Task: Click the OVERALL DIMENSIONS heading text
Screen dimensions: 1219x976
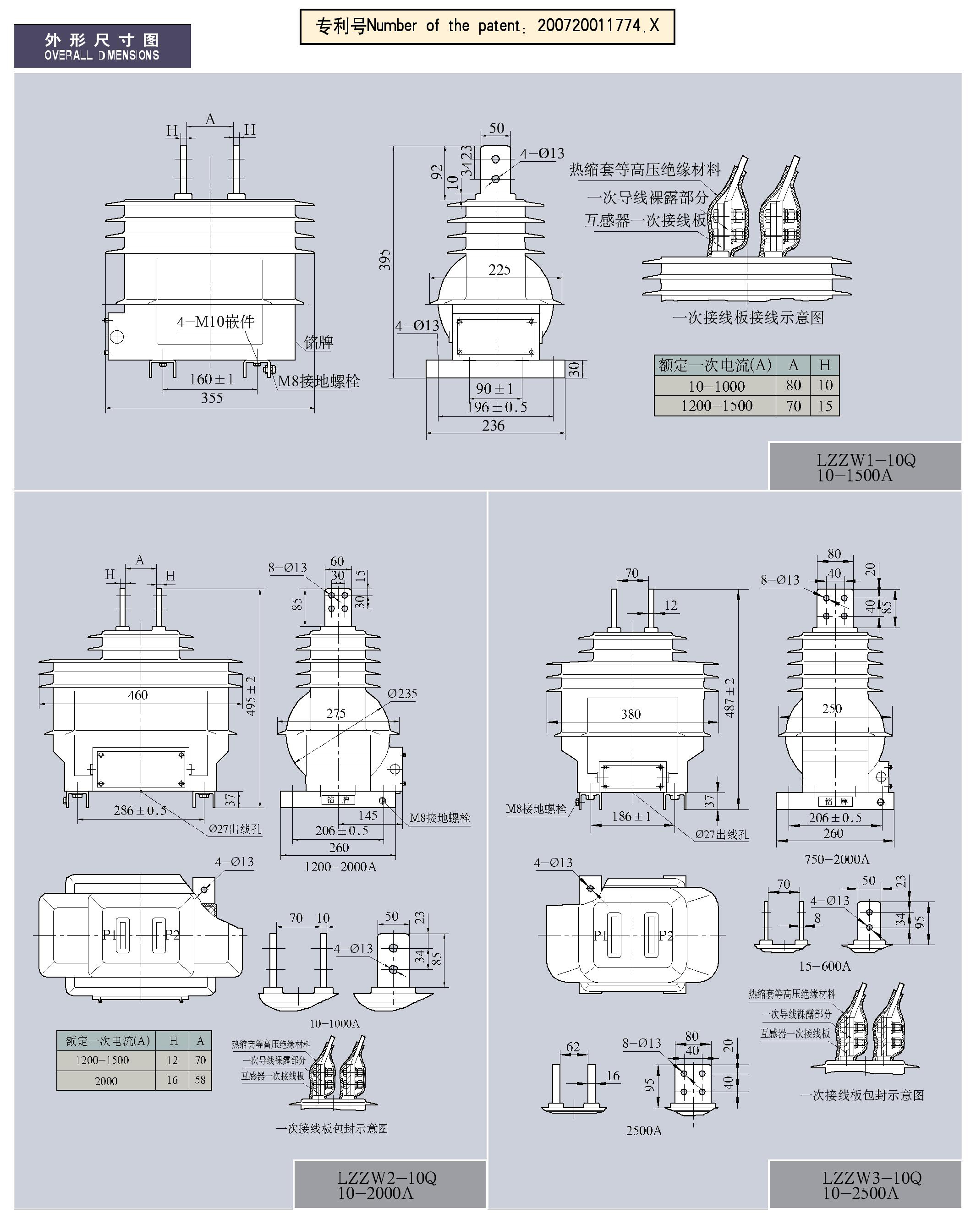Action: [x=102, y=55]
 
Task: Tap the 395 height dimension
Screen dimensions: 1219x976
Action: [x=385, y=260]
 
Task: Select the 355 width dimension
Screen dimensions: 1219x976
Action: [x=212, y=398]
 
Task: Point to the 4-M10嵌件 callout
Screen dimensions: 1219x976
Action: [x=215, y=322]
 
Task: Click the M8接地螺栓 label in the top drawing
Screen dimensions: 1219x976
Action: [x=318, y=381]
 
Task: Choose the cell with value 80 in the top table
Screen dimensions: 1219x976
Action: [x=793, y=385]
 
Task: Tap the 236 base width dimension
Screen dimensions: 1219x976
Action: [x=493, y=426]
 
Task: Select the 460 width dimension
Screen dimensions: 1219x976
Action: [x=137, y=695]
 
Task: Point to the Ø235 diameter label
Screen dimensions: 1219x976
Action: [x=402, y=694]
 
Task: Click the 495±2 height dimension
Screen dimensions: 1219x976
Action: [x=251, y=696]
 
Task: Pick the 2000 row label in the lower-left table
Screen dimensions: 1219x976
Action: [x=106, y=1081]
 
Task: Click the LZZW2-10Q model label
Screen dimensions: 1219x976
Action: [x=387, y=1178]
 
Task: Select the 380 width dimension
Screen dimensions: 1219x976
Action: [x=631, y=714]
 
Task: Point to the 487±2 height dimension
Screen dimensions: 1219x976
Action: [x=729, y=698]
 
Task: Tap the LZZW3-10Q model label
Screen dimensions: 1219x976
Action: [x=872, y=1178]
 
